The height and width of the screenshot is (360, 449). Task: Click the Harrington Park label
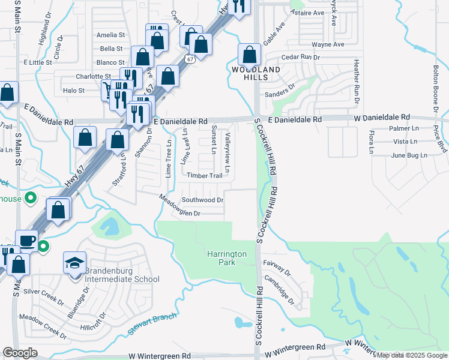227,258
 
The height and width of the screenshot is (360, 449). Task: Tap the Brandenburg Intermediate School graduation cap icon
75,263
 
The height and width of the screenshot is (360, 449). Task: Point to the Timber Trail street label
205,175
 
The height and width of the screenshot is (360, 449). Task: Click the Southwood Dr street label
203,200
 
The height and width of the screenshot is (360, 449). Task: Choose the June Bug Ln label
408,155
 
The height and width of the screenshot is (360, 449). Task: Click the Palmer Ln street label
404,128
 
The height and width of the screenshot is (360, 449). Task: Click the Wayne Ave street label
328,44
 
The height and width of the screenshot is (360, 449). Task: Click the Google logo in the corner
20,353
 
